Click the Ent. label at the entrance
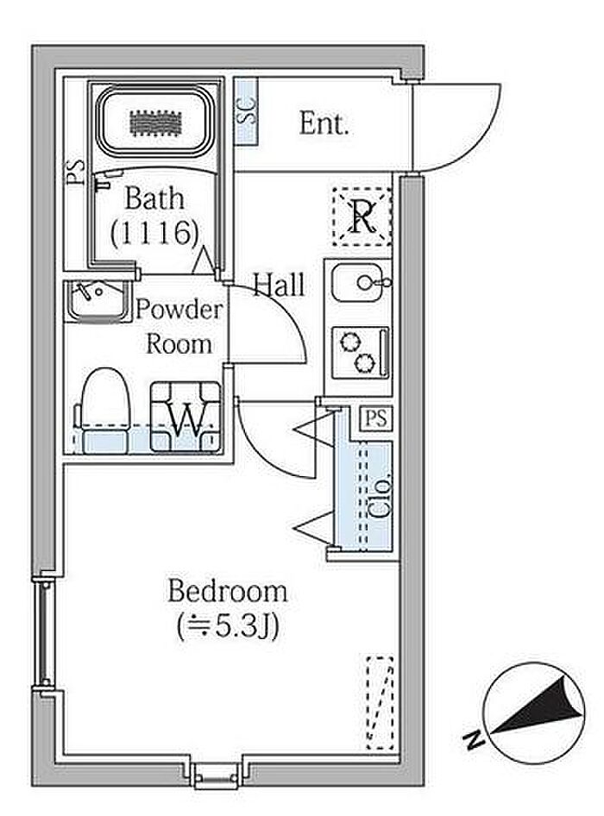coord(324,124)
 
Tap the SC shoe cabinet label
coord(246,112)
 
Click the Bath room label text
coord(154,198)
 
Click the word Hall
coord(279,285)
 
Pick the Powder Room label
coord(179,326)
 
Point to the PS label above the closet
coord(375,418)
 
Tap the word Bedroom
coord(227,592)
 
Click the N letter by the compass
coord(473,739)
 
